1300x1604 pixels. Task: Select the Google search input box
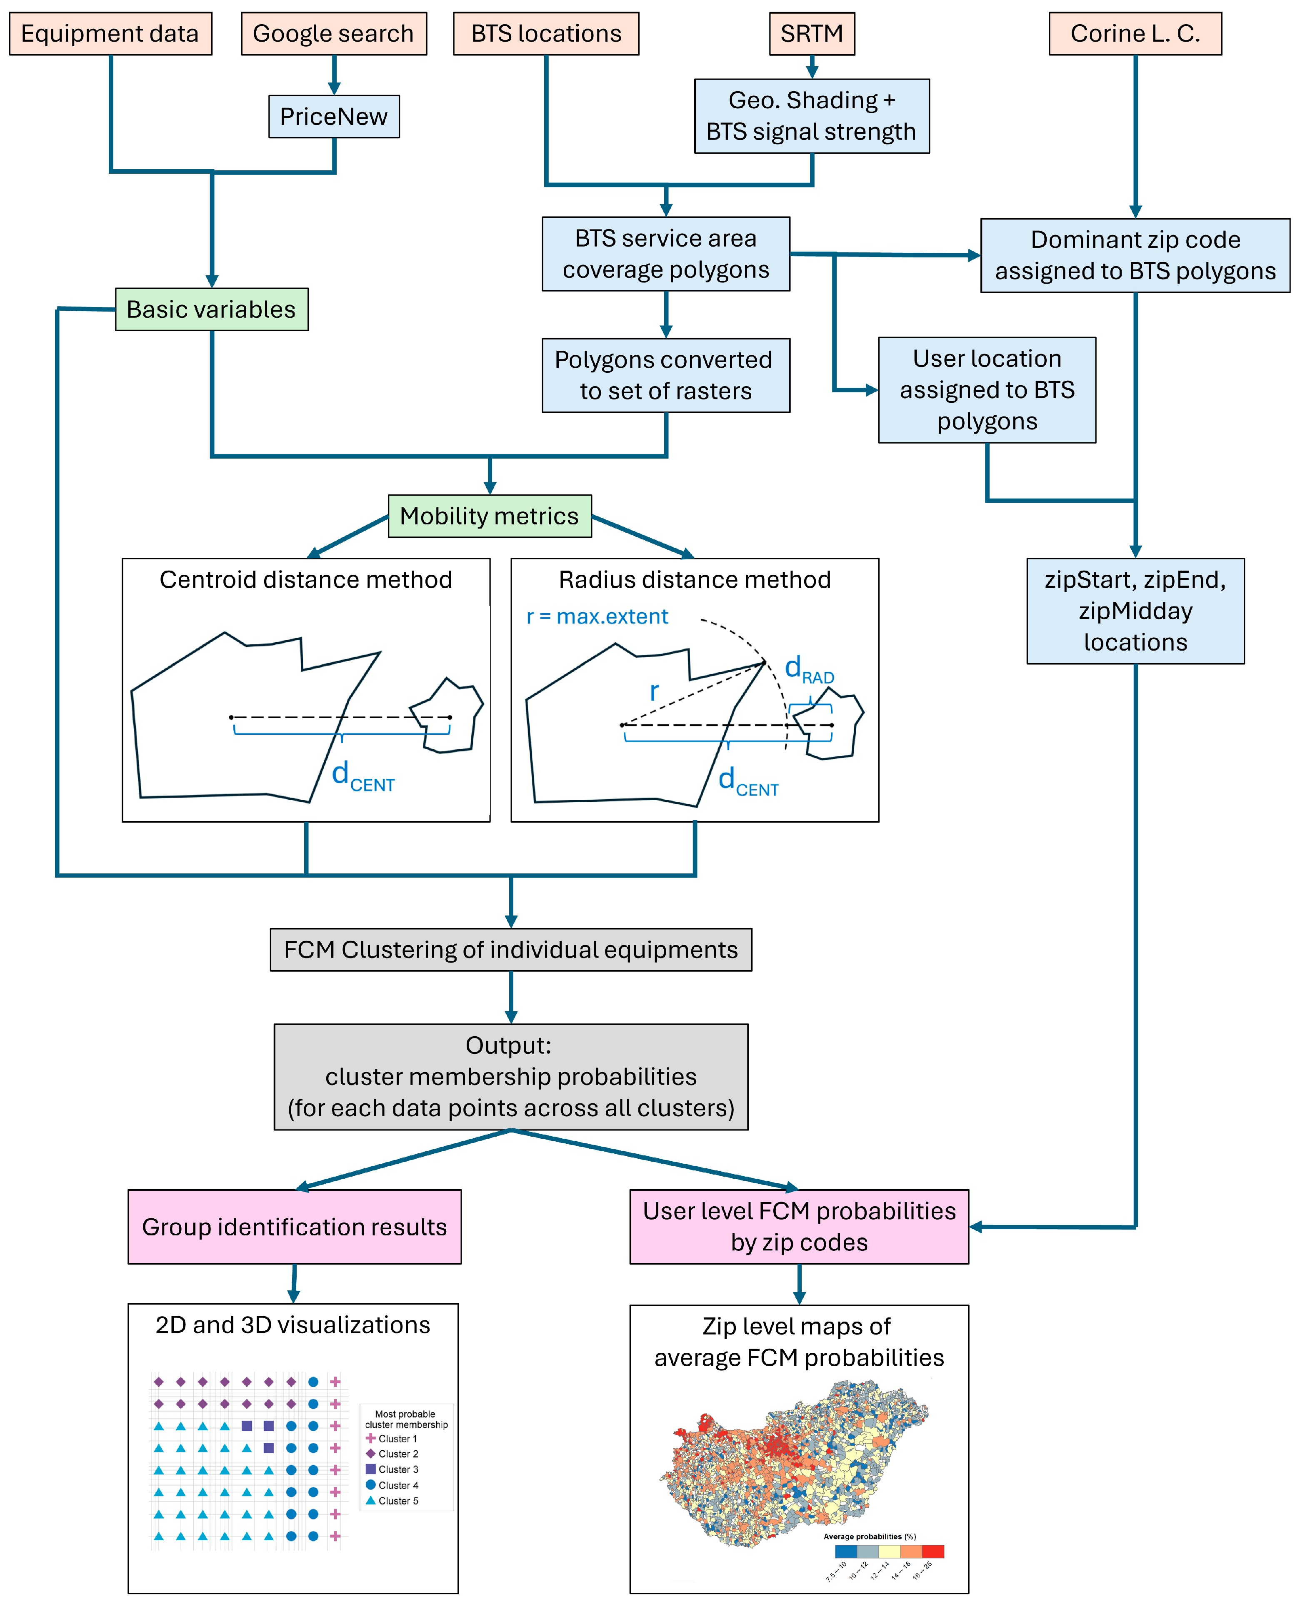pos(334,34)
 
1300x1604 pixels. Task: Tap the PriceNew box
pos(334,117)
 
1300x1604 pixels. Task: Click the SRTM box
pos(812,34)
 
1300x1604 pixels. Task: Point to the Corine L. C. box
pos(1135,34)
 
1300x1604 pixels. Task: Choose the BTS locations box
pos(546,34)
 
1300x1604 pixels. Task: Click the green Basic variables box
pos(212,309)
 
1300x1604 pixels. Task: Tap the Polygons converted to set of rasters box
pos(666,375)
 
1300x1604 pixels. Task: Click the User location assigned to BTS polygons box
pos(987,390)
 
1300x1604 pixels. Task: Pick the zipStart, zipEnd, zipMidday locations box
pos(1135,611)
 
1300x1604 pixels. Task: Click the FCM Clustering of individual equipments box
pos(511,950)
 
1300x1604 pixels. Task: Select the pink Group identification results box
pos(294,1227)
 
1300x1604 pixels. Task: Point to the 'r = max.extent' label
pos(597,617)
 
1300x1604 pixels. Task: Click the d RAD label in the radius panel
pos(809,669)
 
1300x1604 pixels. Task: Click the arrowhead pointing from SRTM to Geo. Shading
pos(812,72)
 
